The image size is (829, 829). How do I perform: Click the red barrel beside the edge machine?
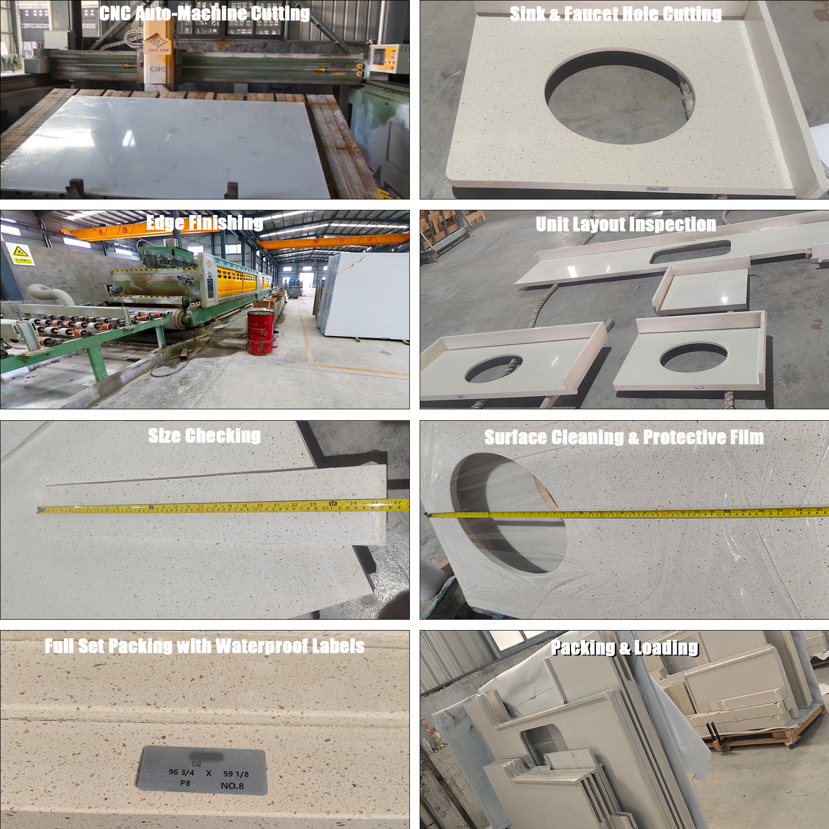coord(260,333)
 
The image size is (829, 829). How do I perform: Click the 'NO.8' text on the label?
coord(232,785)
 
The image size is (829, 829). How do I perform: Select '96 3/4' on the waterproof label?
coord(181,772)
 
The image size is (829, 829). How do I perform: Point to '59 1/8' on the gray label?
coord(236,774)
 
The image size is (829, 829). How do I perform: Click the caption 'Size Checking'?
coord(204,436)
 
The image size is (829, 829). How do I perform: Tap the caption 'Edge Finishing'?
coord(204,223)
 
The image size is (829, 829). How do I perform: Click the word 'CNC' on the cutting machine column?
coord(158,68)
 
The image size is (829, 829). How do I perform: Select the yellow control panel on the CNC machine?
coord(384,58)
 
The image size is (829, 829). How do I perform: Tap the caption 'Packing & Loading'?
coord(624,648)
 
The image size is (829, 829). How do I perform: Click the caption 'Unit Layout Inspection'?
coord(625,224)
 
